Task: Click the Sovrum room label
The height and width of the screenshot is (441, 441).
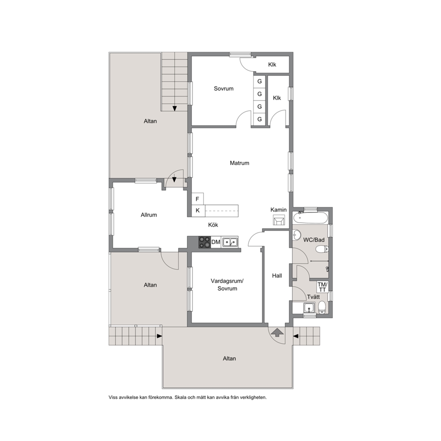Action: coord(224,88)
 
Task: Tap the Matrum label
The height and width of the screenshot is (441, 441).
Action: coord(239,163)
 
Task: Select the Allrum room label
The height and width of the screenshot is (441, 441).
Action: coord(149,215)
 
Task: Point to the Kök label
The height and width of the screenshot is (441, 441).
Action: coord(213,225)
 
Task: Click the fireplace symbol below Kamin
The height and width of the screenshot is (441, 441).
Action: coord(279,220)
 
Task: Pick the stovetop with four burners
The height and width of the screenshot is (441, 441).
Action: coord(204,242)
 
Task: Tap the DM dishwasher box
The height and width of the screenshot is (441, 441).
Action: coord(216,242)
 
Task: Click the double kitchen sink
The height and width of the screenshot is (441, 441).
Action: coord(230,242)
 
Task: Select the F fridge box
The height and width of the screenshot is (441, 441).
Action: coord(197,199)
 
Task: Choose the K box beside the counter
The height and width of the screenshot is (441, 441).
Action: coord(198,210)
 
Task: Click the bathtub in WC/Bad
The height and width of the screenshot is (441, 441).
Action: coord(310,218)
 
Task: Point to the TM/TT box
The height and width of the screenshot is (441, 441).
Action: coord(322,287)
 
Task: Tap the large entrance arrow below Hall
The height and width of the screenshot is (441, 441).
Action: coord(277,333)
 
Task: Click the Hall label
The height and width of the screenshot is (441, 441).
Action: coord(277,276)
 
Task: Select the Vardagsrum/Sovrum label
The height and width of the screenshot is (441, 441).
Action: coord(227,285)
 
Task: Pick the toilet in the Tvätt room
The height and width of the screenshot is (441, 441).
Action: coord(322,307)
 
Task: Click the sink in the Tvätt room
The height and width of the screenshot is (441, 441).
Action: coord(309,308)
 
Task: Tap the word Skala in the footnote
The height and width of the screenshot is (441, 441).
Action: coord(180,397)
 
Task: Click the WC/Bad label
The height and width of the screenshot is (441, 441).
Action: coord(314,240)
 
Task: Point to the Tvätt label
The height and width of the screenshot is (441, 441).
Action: coord(313,297)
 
